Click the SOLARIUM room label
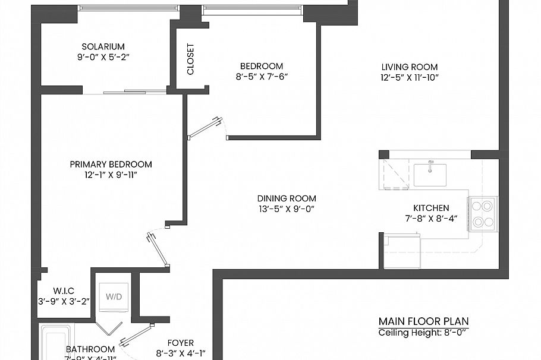pyautogui.click(x=103, y=46)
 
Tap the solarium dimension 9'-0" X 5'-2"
pyautogui.click(x=103, y=58)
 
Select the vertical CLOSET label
pyautogui.click(x=190, y=59)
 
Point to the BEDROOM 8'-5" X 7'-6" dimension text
pyautogui.click(x=262, y=77)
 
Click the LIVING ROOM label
pyautogui.click(x=410, y=67)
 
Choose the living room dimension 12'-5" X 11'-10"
pyautogui.click(x=410, y=78)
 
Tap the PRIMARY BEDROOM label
pyautogui.click(x=111, y=165)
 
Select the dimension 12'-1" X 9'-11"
pyautogui.click(x=111, y=175)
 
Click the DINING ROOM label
pyautogui.click(x=287, y=198)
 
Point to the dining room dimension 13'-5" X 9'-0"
pyautogui.click(x=287, y=209)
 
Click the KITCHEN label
pyautogui.click(x=431, y=208)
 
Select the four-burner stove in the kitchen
pyautogui.click(x=482, y=214)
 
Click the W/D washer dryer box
pyautogui.click(x=114, y=296)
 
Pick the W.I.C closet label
pyautogui.click(x=62, y=290)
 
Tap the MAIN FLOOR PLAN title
pyautogui.click(x=427, y=321)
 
